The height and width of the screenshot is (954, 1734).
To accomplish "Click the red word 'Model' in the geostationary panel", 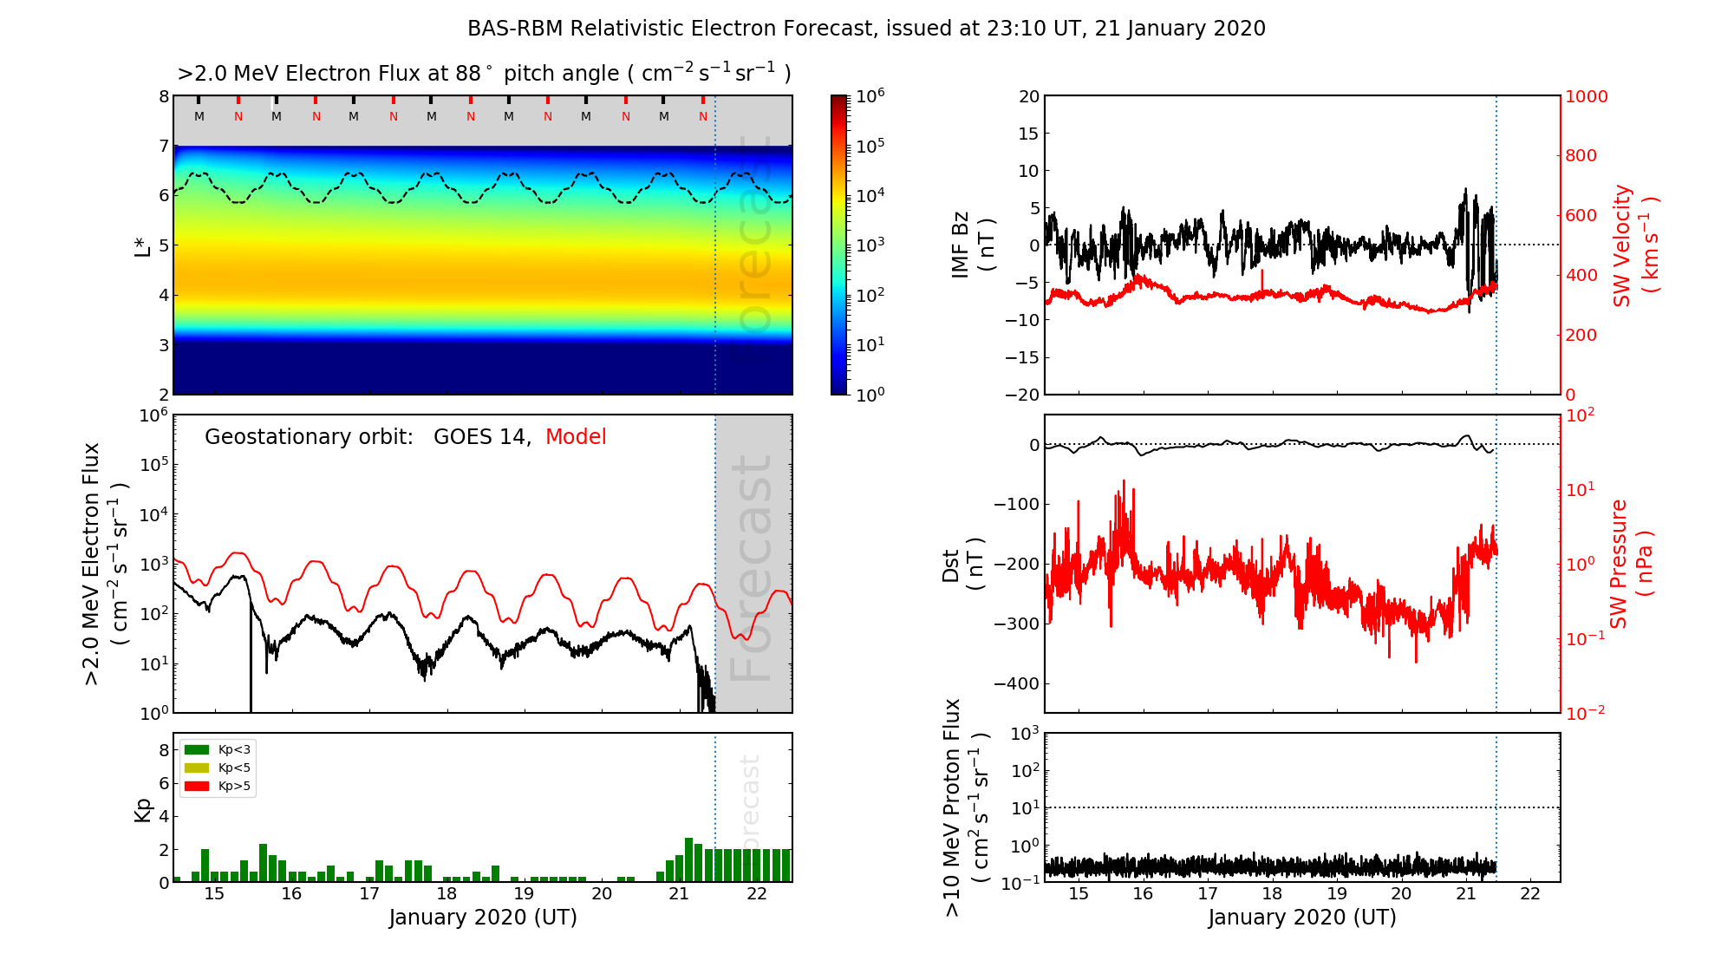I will (x=576, y=437).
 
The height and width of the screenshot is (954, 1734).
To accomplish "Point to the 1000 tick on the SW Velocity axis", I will (x=1586, y=96).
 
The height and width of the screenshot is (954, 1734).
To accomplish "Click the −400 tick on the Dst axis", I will (x=1016, y=683).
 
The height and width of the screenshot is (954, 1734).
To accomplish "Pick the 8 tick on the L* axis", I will (x=164, y=96).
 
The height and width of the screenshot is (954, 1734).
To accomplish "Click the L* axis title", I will (x=142, y=245).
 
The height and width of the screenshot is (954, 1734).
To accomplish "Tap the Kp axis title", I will (x=143, y=809).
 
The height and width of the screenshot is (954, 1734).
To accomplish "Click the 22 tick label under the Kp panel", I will (x=756, y=894).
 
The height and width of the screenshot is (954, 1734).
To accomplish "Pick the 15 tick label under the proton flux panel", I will (x=1079, y=894).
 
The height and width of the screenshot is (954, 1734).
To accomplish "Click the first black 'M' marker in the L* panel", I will (x=199, y=116).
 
